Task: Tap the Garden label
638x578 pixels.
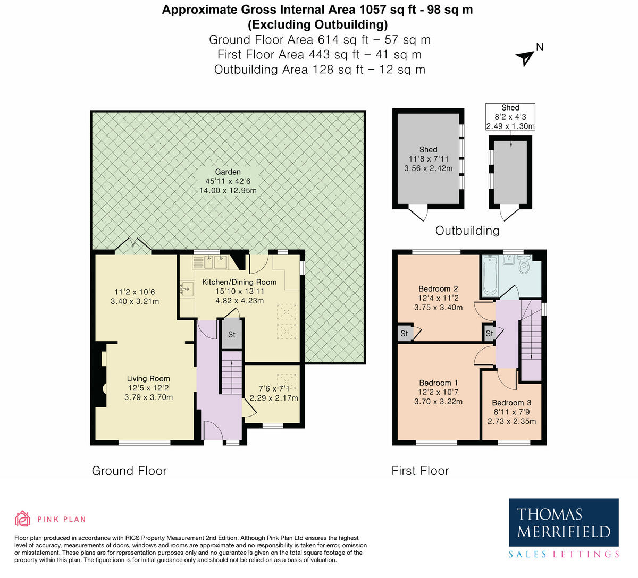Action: [x=228, y=172]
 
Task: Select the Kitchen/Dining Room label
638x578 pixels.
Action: [x=239, y=282]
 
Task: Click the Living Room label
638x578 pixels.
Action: [x=148, y=379]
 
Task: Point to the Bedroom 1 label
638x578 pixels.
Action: [x=438, y=383]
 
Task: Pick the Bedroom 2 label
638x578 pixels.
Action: [x=438, y=289]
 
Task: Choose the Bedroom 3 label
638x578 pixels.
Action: [x=511, y=403]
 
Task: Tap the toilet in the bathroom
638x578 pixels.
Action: [x=524, y=266]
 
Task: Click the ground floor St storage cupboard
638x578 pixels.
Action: [x=231, y=335]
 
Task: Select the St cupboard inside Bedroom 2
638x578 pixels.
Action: [x=405, y=334]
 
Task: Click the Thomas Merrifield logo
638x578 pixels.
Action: [x=564, y=523]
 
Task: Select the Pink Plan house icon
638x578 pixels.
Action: [x=22, y=518]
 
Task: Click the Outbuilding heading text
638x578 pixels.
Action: [x=467, y=231]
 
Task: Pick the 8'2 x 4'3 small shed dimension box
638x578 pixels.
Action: [x=510, y=117]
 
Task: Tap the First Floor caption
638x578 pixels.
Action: [x=420, y=471]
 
